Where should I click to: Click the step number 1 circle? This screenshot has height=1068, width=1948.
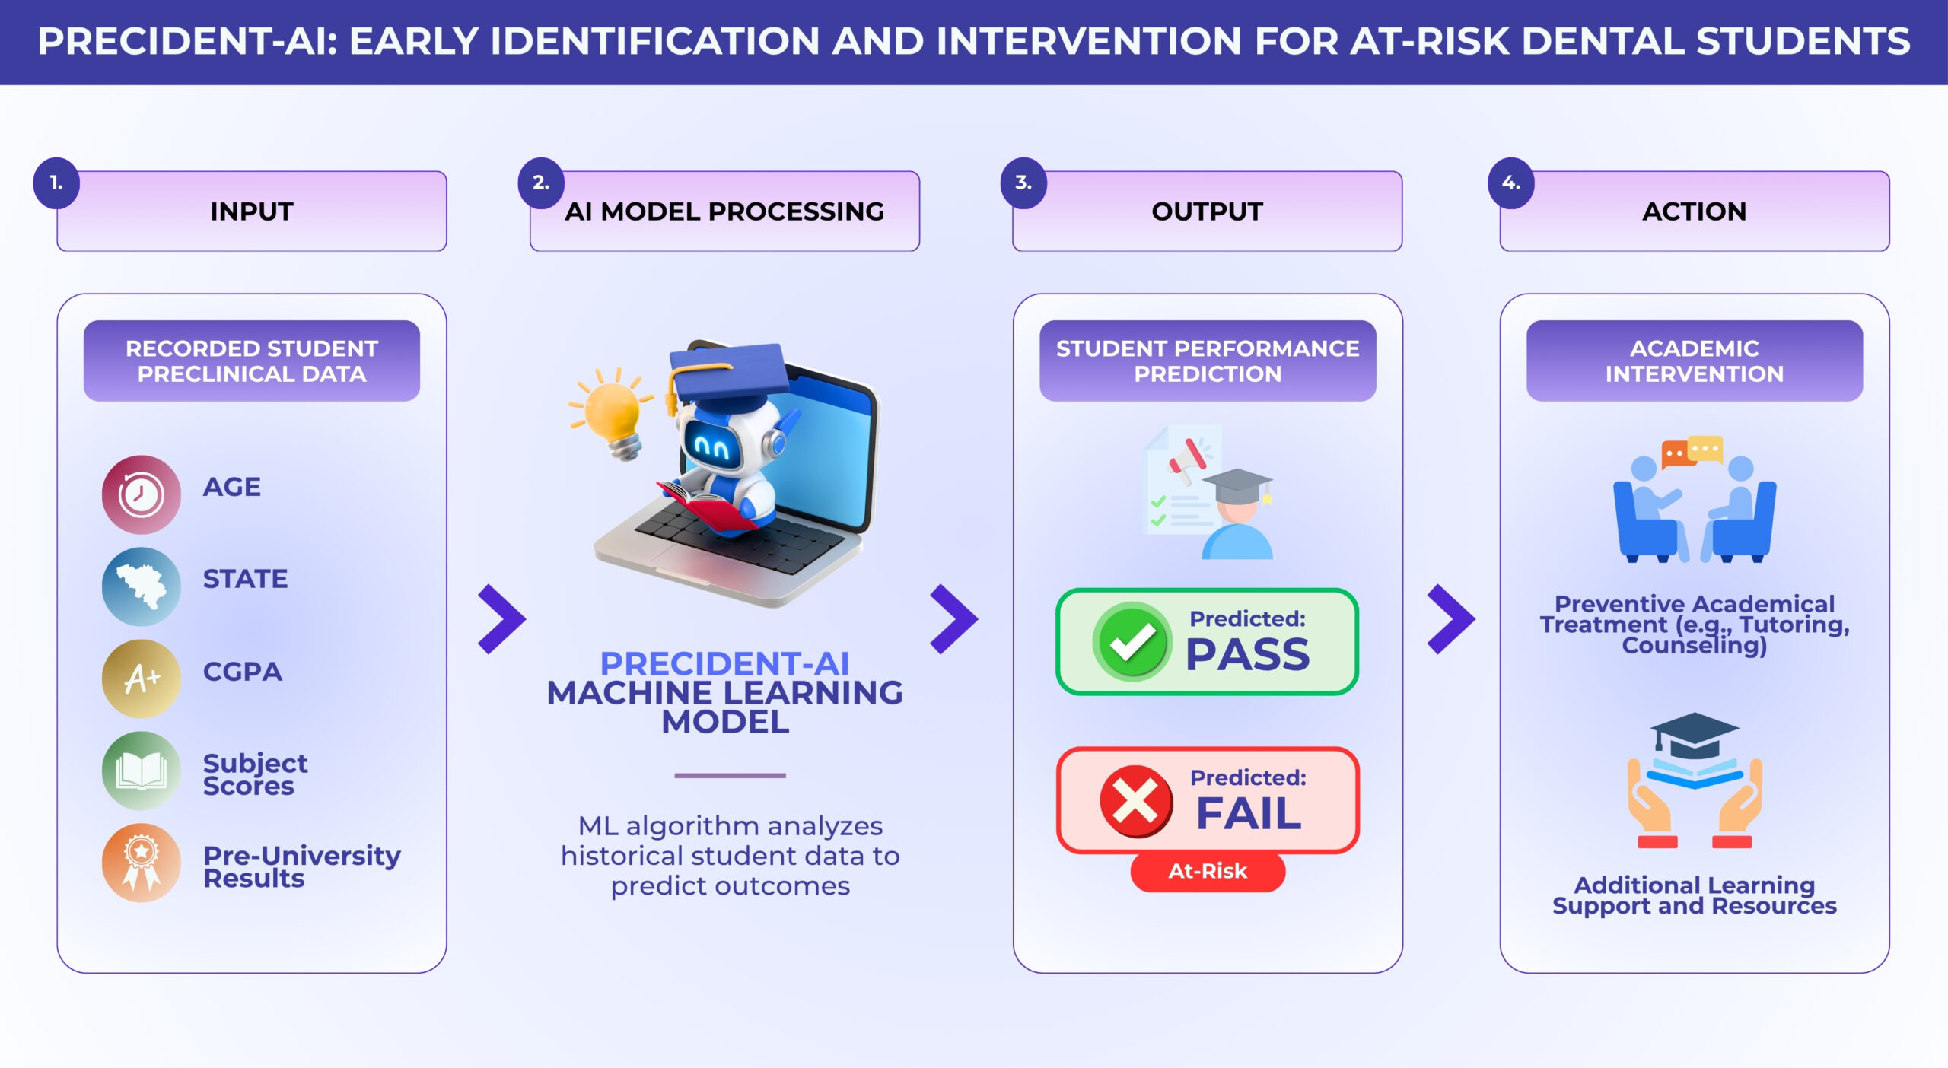(x=56, y=183)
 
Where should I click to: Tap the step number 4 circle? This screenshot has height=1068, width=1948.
(x=1511, y=183)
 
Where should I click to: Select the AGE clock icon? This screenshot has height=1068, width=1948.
(x=141, y=494)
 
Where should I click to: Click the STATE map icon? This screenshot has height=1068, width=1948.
(x=141, y=586)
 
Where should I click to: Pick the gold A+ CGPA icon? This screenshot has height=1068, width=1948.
(x=141, y=679)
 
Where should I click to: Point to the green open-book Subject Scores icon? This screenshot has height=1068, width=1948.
(x=141, y=771)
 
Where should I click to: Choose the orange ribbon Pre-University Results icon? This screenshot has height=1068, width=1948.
(x=141, y=863)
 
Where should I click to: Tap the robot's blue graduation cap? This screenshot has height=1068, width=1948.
(x=727, y=373)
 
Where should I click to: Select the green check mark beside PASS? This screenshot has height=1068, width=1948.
(x=1132, y=641)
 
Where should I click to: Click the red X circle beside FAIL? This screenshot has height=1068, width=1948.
(x=1136, y=801)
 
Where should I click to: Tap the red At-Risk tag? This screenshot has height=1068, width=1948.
(x=1208, y=872)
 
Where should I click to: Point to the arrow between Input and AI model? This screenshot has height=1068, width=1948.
(x=501, y=619)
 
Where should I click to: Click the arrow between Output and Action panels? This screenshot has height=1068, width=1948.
(x=1451, y=619)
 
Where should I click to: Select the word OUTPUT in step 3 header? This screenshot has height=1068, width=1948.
(x=1207, y=211)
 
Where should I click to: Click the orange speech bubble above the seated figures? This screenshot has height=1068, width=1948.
(x=1675, y=454)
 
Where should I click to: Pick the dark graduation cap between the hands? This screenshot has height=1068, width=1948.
(x=1695, y=733)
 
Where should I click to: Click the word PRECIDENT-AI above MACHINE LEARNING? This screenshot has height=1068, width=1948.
(x=724, y=663)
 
